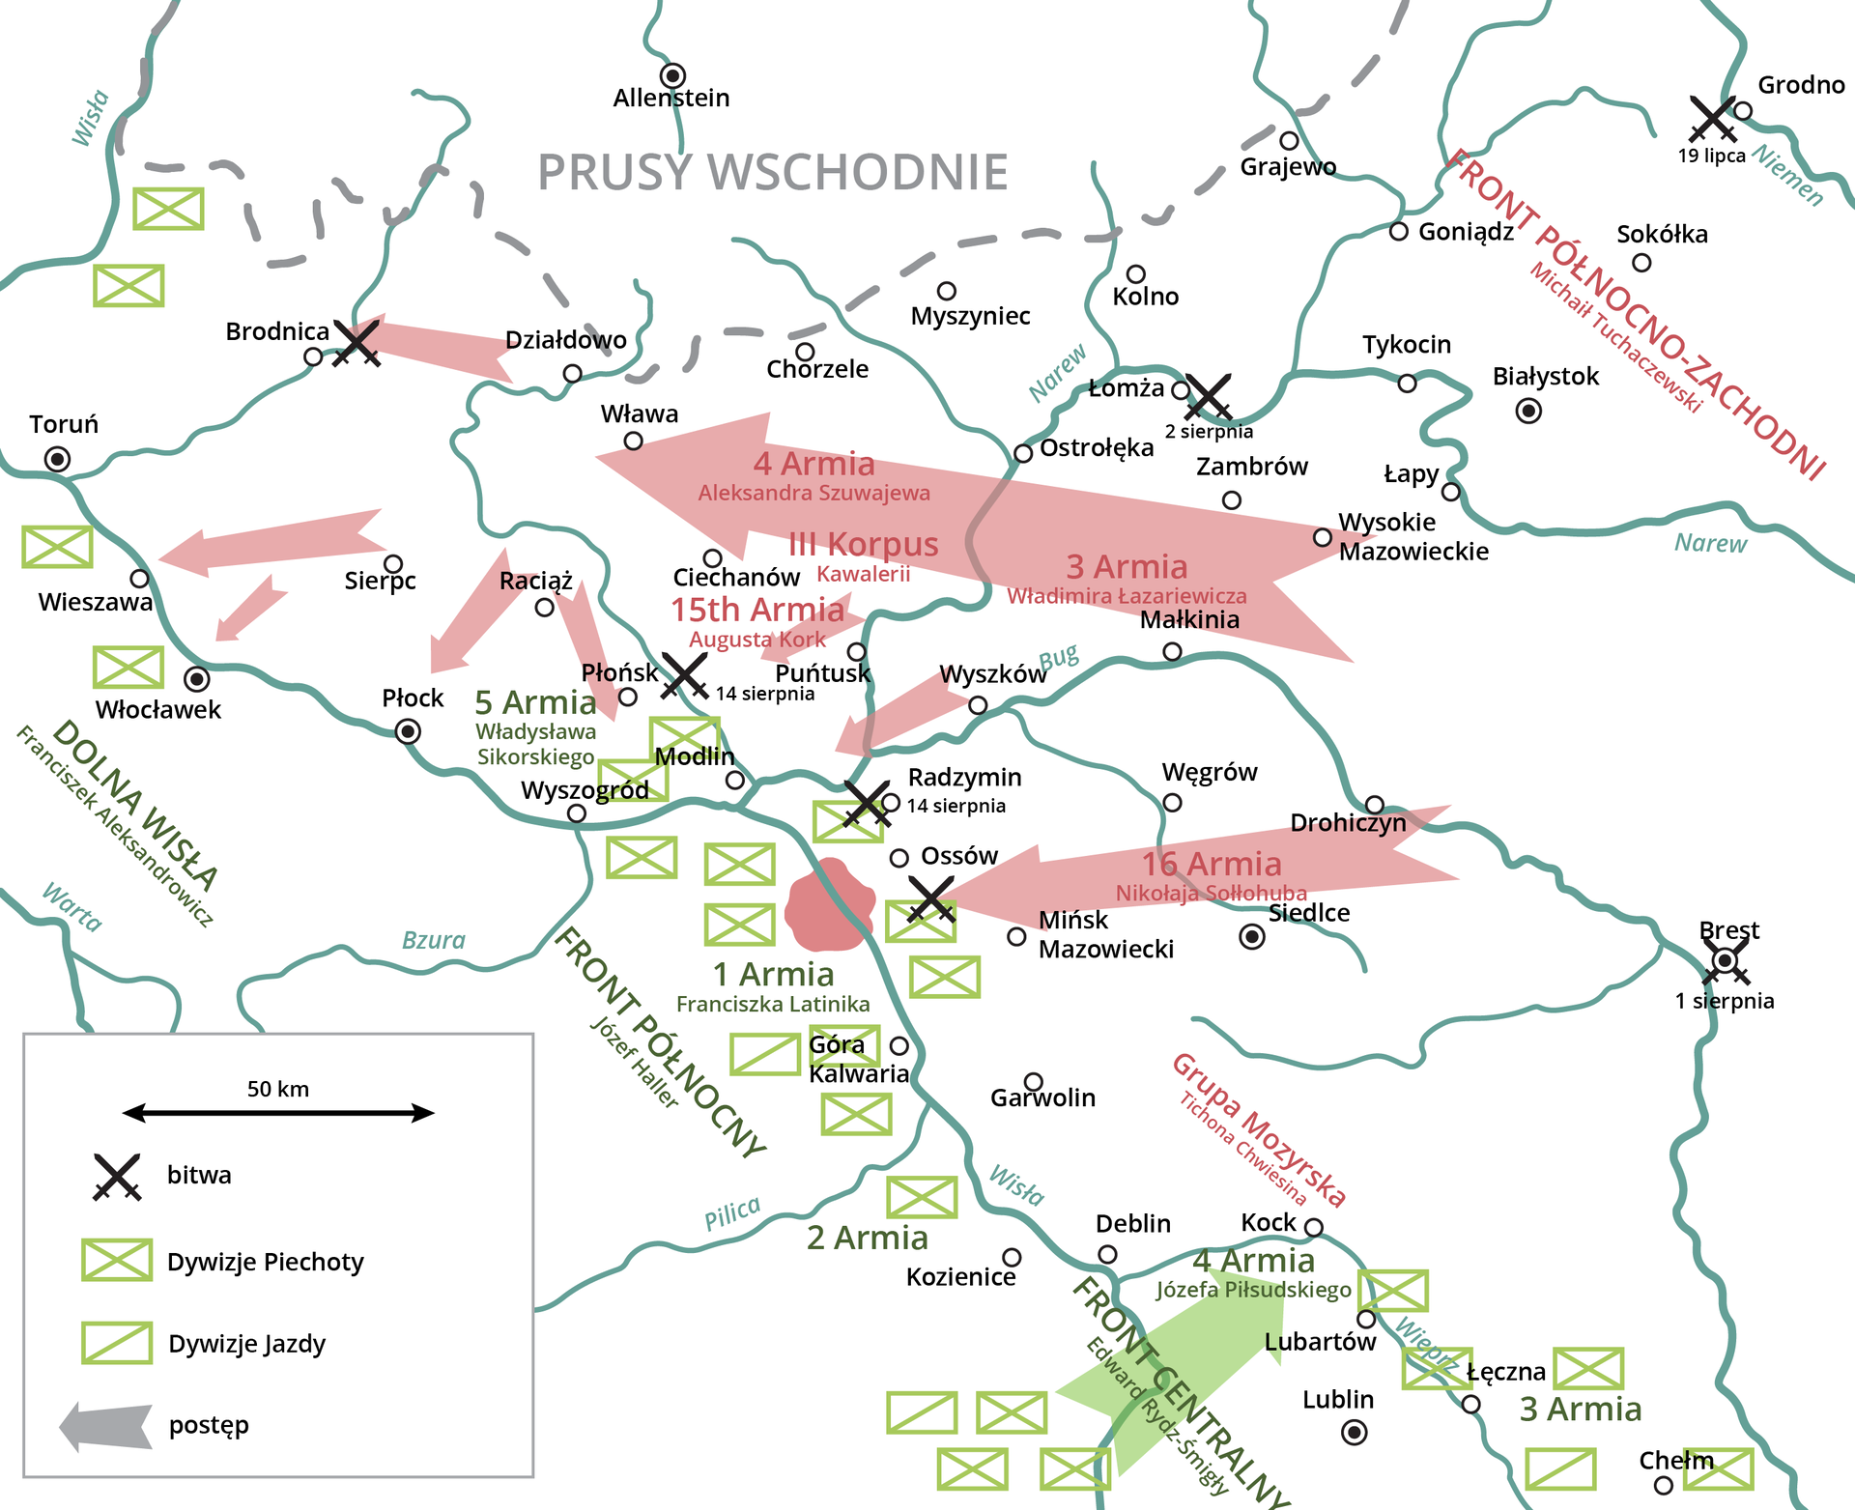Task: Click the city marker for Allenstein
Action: tap(672, 75)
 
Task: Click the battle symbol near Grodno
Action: tap(1713, 119)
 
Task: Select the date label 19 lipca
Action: tap(1711, 157)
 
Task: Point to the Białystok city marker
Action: tap(1528, 412)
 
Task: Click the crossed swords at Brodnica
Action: tap(357, 343)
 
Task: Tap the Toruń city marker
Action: tap(58, 459)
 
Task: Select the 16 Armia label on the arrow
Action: tap(1212, 864)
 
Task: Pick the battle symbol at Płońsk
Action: tap(685, 675)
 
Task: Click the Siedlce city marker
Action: tap(1252, 936)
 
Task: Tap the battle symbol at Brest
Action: tap(1726, 961)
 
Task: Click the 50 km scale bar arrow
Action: tap(278, 1113)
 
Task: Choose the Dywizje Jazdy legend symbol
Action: tap(117, 1343)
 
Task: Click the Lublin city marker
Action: tap(1355, 1433)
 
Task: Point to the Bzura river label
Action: tap(434, 940)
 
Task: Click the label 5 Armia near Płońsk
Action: tap(535, 702)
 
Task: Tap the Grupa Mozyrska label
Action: tap(1258, 1130)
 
